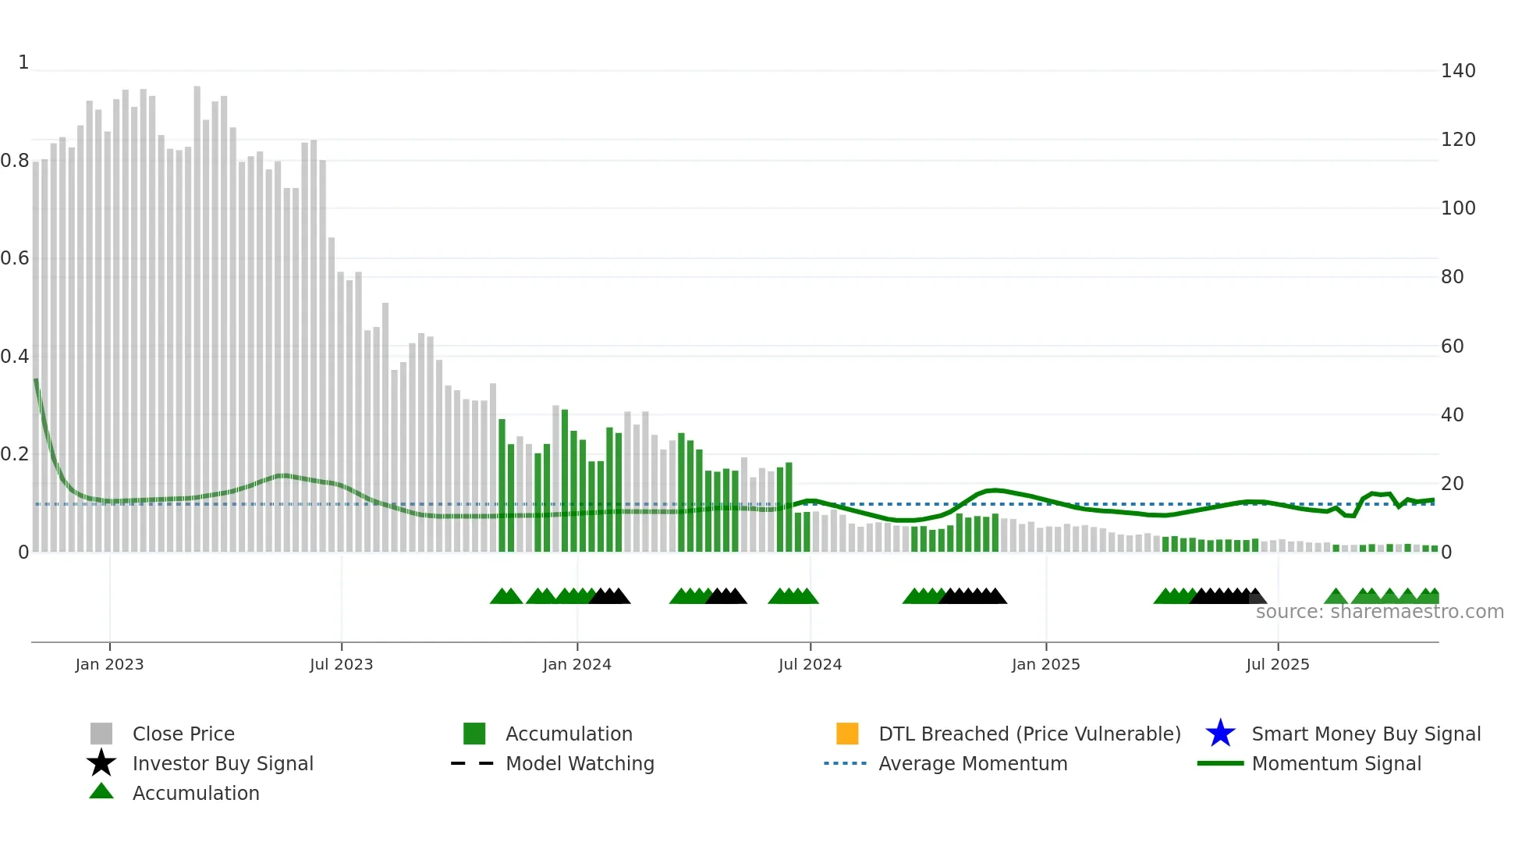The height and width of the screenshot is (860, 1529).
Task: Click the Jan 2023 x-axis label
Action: pos(109,664)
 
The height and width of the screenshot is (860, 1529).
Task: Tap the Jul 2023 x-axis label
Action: pos(341,664)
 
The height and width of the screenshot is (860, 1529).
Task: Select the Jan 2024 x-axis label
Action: pos(576,664)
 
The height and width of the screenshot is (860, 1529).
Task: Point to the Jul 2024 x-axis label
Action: pos(810,664)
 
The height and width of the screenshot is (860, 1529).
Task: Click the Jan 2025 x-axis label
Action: pos(1045,664)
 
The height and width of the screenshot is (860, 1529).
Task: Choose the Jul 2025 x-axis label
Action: pos(1277,664)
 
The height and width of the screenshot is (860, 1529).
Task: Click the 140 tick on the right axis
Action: pos(1458,71)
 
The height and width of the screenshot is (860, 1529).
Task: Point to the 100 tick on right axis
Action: pos(1458,208)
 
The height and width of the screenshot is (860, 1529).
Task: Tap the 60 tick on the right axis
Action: pos(1453,346)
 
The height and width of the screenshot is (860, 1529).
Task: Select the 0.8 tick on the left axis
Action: pos(15,161)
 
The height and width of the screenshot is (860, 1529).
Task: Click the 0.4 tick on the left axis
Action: pos(15,357)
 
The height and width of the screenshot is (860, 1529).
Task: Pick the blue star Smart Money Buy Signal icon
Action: pos(1220,734)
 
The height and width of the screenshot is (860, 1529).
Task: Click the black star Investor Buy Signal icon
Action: pos(101,763)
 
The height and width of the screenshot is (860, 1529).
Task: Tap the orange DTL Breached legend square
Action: pos(847,734)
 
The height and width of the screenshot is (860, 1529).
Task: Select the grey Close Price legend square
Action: pos(101,734)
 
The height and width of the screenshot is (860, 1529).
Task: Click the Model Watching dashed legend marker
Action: pos(472,763)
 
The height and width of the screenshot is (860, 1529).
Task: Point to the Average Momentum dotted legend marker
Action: pos(845,763)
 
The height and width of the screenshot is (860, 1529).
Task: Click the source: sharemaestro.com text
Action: pos(1379,612)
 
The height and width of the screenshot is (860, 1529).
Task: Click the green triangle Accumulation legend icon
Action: pos(101,791)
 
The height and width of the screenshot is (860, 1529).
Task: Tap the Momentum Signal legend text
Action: pos(1336,763)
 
